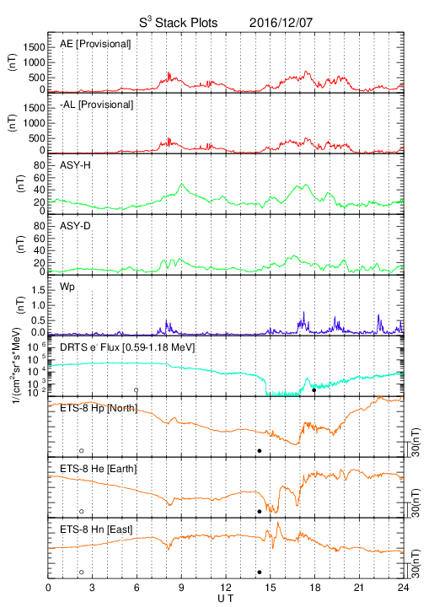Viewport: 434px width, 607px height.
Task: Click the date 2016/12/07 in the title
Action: coord(281,23)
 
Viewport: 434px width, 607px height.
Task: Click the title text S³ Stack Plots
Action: coord(179,22)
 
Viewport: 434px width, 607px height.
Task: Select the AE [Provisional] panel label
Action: coord(95,44)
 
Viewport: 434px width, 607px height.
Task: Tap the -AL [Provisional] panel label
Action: coord(96,105)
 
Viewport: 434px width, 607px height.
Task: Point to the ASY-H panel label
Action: coord(75,165)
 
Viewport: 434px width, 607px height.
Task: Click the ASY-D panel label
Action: coord(75,226)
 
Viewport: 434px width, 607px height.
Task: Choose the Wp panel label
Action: coord(67,287)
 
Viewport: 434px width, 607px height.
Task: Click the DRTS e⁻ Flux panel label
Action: coord(127,347)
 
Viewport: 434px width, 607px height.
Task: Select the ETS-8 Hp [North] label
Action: coord(99,408)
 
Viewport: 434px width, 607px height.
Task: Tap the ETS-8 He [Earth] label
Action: coord(99,469)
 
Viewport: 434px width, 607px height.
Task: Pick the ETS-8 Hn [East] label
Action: coord(96,529)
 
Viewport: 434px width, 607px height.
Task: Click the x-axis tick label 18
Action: coord(315,588)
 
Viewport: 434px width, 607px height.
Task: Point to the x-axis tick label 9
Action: coord(181,588)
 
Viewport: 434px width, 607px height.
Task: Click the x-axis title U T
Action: coord(226,599)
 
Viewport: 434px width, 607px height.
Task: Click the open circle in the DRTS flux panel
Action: coord(137,390)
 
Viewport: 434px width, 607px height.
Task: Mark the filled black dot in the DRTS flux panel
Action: coord(314,390)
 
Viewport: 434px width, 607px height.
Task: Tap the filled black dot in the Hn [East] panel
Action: coord(260,572)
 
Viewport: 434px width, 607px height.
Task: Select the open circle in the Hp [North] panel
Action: coord(82,450)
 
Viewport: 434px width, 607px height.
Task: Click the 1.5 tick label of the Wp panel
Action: coord(38,290)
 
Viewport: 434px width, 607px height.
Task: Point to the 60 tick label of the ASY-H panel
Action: coord(40,178)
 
